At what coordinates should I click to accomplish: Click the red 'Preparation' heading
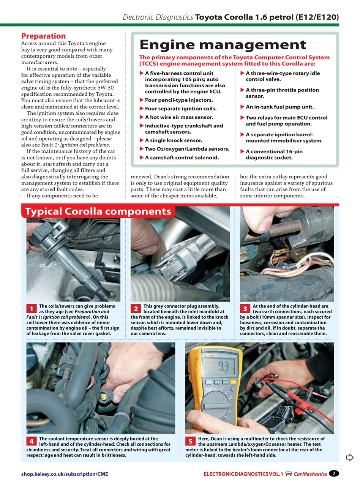[x=43, y=36]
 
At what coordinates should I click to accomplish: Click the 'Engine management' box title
[x=223, y=45]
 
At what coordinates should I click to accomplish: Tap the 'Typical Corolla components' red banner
[x=98, y=211]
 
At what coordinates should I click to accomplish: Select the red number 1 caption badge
[x=31, y=309]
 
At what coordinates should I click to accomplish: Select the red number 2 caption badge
[x=136, y=309]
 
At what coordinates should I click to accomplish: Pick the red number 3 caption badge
[x=245, y=309]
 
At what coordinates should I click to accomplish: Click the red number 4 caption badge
[x=31, y=441]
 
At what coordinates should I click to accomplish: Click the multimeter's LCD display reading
[x=219, y=367]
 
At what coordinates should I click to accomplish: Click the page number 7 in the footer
[x=333, y=473]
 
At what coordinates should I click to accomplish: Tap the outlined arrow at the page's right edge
[x=349, y=458]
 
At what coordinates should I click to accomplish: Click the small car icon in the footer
[x=289, y=473]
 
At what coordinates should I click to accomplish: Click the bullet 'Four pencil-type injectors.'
[x=178, y=100]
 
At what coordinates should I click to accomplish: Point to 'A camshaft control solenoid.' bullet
[x=182, y=157]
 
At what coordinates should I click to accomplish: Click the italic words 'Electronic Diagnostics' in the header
[x=158, y=17]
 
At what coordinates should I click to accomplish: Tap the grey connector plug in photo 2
[x=178, y=258]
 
